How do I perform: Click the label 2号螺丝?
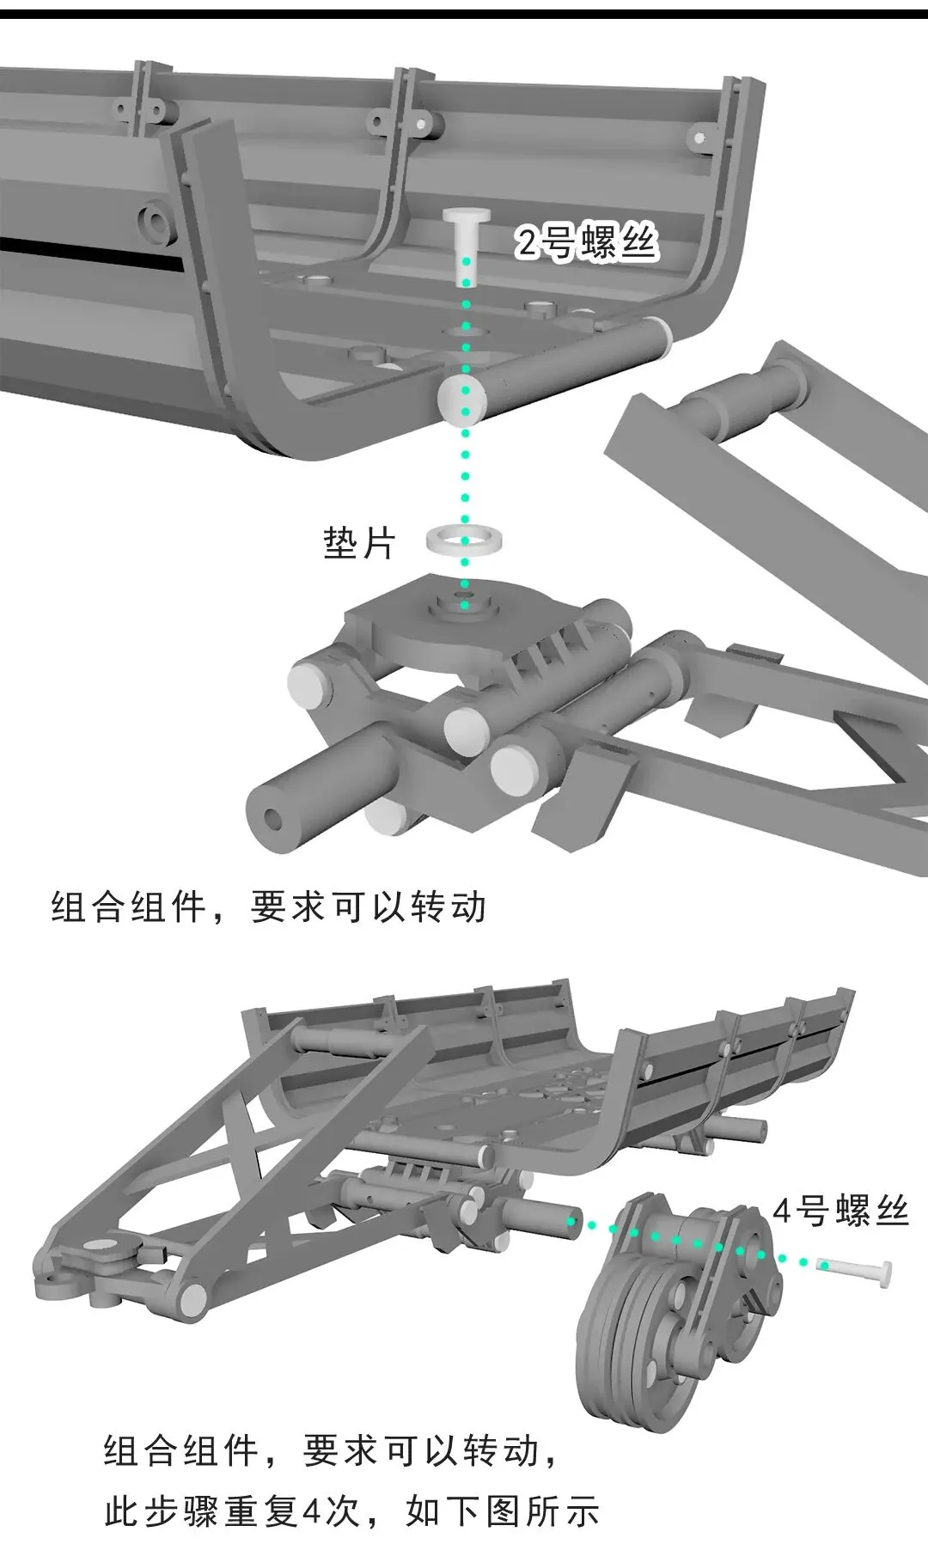click(x=587, y=242)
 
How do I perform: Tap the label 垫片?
click(x=359, y=544)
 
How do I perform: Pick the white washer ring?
click(x=465, y=541)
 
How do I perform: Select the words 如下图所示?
click(x=502, y=1512)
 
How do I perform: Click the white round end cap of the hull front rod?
click(x=462, y=399)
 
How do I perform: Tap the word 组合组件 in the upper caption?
click(x=130, y=907)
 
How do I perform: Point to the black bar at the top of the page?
click(x=464, y=13)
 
